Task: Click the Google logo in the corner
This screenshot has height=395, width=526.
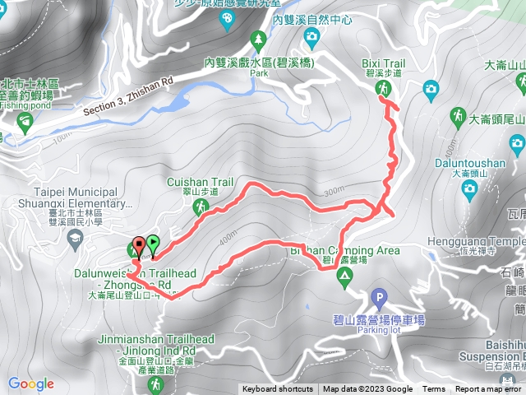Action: click(31, 383)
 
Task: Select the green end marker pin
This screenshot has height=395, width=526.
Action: click(153, 244)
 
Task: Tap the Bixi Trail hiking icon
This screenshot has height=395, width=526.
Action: click(383, 88)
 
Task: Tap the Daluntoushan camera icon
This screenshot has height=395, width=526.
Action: click(469, 189)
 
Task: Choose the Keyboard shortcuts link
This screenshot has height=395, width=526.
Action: click(277, 389)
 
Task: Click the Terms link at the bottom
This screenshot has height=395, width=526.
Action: click(434, 389)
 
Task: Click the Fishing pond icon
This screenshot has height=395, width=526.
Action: click(24, 123)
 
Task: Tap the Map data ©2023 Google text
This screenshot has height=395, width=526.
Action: click(367, 389)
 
